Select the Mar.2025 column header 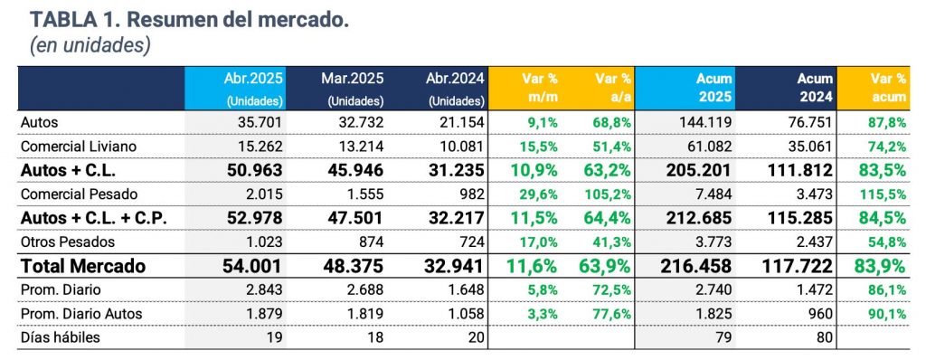354,88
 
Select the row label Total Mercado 83,268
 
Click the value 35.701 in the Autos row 259,120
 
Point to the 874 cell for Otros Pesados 373,242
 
